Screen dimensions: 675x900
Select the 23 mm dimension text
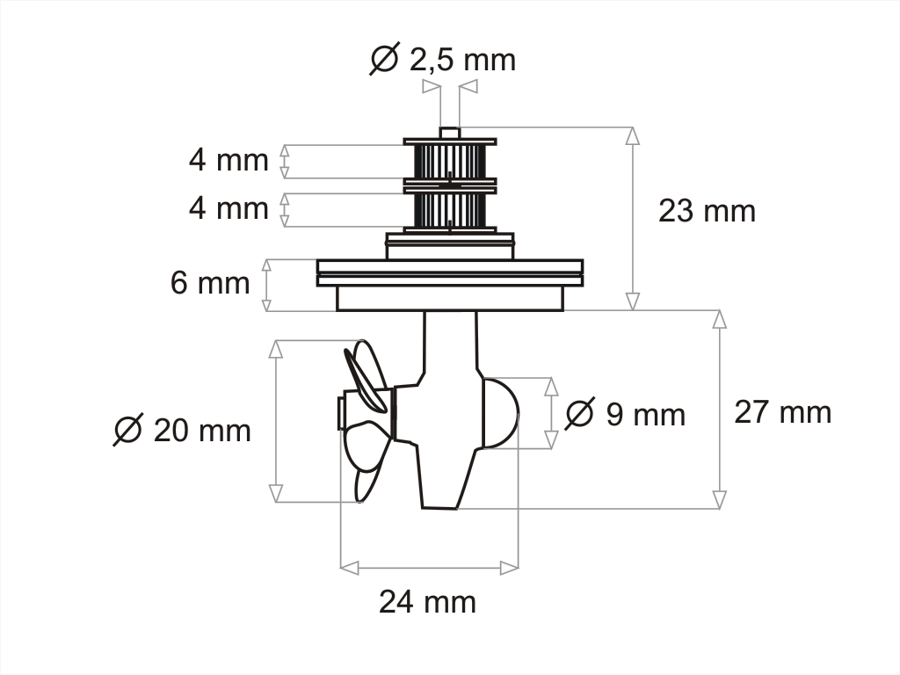point(707,211)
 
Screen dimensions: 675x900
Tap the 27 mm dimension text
point(782,412)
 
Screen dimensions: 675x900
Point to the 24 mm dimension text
point(427,602)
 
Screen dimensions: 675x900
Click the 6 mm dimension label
point(210,284)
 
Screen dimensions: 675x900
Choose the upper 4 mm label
point(229,161)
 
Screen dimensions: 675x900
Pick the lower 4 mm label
point(229,209)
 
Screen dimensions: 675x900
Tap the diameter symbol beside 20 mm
point(128,430)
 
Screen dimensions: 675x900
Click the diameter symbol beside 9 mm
point(580,413)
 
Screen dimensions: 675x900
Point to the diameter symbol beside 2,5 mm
point(385,59)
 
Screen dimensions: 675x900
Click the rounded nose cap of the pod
point(501,413)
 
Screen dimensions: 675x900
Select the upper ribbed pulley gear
point(450,160)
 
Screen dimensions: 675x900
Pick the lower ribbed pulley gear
point(450,209)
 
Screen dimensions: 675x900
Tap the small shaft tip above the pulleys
point(450,133)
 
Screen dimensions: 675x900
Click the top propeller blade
point(367,374)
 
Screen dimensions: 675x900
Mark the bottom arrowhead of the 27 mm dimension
point(720,499)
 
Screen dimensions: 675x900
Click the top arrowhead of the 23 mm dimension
point(632,136)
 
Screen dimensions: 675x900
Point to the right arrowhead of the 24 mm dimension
point(509,568)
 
